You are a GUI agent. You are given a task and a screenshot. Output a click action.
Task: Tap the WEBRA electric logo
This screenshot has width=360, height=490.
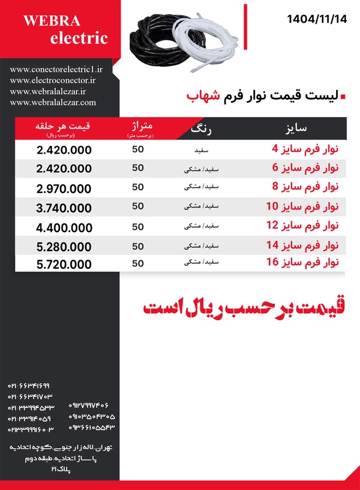[65, 30]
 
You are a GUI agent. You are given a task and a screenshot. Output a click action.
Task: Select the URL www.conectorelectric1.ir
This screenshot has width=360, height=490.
[56, 70]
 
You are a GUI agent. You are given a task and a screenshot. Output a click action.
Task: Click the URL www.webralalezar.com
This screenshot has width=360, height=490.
[53, 102]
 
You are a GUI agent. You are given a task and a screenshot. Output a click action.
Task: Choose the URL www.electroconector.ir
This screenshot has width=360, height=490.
[53, 80]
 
